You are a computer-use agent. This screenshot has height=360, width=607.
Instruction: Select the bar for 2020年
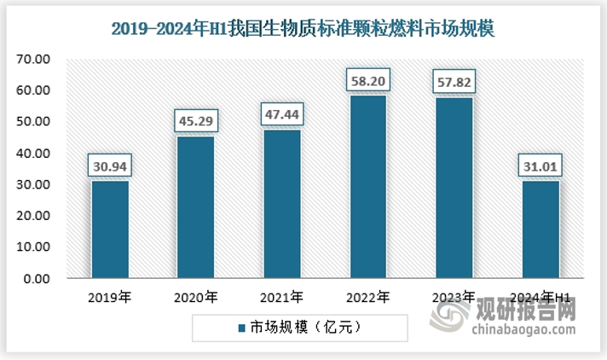click(194, 206)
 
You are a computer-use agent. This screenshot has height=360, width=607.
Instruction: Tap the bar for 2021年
click(280, 203)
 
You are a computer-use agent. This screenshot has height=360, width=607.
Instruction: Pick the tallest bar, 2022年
click(367, 186)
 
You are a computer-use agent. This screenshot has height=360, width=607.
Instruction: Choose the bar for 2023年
click(453, 187)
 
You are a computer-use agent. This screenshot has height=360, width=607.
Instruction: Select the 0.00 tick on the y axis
click(38, 278)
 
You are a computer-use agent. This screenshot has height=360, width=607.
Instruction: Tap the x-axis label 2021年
click(280, 298)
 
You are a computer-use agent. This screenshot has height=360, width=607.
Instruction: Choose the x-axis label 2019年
click(108, 298)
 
